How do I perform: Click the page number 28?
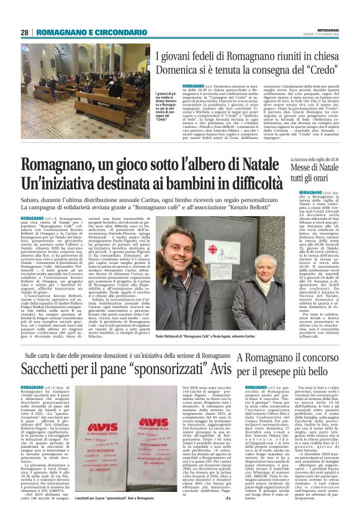coord(25,32)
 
